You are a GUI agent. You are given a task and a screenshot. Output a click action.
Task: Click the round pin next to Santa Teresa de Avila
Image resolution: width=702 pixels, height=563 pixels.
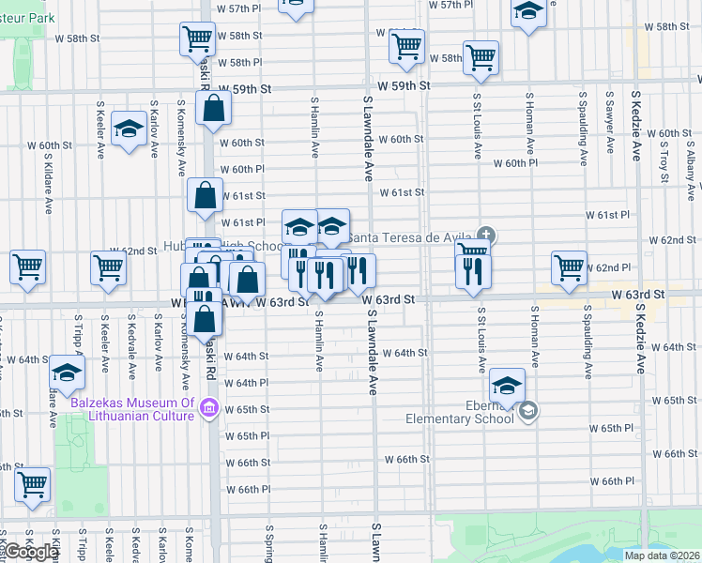(485, 235)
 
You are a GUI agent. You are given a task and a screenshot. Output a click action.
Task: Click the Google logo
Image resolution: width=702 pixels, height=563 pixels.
(30, 552)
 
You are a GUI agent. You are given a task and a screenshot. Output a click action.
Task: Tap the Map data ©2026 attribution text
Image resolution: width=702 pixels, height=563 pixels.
(661, 555)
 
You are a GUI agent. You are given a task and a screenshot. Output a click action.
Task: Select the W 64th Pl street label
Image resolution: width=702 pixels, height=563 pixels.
(246, 383)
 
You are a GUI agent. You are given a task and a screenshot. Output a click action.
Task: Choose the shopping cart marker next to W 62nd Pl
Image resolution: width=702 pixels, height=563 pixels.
(569, 266)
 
